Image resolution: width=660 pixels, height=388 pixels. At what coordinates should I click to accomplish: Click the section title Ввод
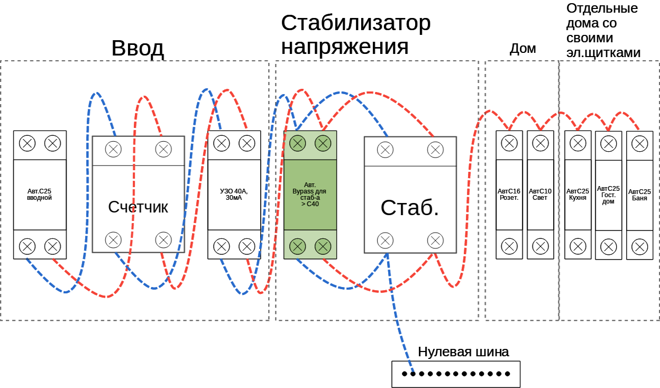pos(137,49)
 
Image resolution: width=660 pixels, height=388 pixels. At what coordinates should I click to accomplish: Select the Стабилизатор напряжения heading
pos(355,34)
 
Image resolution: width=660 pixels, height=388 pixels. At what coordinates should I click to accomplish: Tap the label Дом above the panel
pos(522,49)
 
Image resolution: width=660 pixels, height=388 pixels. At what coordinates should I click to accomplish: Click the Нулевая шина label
pos(463,352)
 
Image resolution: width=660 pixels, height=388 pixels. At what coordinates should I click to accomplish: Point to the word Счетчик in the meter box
pos(138,207)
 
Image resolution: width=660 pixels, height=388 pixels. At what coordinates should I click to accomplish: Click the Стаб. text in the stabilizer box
pos(410,208)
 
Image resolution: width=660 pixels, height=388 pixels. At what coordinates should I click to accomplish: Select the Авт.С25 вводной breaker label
pos(40,195)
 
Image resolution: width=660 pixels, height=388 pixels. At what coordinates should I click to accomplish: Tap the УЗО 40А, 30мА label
pos(234,195)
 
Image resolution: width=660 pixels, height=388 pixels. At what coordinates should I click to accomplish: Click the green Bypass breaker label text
pos(310,194)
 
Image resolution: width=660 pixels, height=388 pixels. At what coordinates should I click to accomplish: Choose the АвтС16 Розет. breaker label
pos(509,195)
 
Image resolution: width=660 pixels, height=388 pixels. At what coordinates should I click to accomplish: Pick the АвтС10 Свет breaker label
pos(540,195)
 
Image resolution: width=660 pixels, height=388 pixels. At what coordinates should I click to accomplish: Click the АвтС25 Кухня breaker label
pos(577,195)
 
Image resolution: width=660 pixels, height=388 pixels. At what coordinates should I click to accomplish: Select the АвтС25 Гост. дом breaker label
pos(608,195)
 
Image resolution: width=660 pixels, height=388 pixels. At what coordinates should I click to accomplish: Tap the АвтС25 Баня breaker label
pos(639,195)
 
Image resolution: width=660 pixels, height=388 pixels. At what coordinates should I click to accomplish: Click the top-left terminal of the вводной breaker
pos(27,143)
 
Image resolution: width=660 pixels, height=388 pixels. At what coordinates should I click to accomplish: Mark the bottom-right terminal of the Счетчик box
pos(163,240)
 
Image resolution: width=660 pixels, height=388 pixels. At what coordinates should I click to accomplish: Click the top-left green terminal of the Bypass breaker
pos(298,143)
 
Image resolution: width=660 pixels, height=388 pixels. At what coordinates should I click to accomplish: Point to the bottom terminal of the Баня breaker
pos(639,246)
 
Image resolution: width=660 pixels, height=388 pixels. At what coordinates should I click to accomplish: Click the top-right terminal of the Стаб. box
pos(435,150)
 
